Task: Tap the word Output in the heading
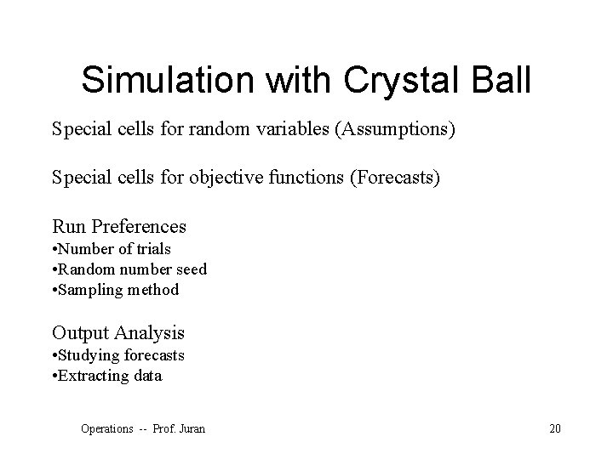click(x=80, y=332)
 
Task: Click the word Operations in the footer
click(x=107, y=428)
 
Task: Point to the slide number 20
click(x=555, y=428)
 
